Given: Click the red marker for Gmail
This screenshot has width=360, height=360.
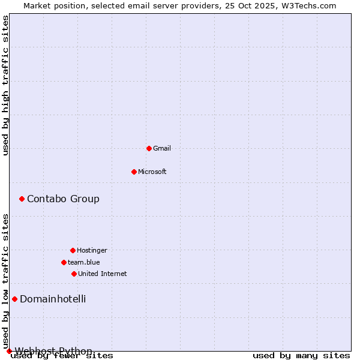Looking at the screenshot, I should [x=149, y=148].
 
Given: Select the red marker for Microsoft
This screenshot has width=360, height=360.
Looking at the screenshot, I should [x=134, y=172].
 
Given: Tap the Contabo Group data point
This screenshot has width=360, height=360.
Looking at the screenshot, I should [x=22, y=199].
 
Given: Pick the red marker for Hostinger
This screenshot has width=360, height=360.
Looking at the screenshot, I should [x=73, y=250].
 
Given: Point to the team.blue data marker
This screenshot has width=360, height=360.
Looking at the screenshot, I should [x=64, y=262].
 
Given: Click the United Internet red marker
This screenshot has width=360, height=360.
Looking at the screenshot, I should [x=74, y=274].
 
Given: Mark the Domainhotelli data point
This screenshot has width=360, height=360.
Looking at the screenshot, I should [x=14, y=299].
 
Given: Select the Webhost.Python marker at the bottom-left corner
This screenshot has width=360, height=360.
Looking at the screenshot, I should [x=9, y=351].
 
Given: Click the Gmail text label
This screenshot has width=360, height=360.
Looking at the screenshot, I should [x=162, y=148].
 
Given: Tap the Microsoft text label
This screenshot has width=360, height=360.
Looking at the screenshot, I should [x=152, y=172].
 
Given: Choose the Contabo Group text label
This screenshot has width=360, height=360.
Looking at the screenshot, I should [x=63, y=199].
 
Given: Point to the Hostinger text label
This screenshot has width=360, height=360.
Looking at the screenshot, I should [x=92, y=250].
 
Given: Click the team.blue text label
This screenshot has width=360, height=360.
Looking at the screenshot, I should [x=84, y=262].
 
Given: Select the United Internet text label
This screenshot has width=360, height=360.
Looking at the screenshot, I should [x=103, y=274].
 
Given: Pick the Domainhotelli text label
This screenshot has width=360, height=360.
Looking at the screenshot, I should [x=53, y=299].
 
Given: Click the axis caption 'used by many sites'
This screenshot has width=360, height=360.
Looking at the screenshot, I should [x=301, y=355].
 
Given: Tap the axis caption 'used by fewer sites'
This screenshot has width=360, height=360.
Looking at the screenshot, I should [x=62, y=355].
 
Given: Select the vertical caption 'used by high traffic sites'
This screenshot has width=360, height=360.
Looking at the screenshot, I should [x=5, y=85].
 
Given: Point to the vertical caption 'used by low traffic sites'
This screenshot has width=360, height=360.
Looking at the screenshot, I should [x=5, y=281].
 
